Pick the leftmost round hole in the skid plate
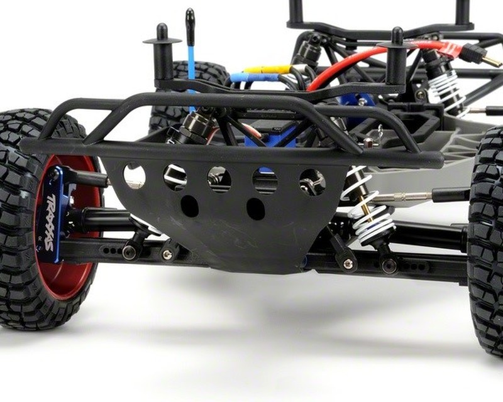(134, 176)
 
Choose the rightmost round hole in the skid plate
(312, 182)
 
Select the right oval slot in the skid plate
(255, 209)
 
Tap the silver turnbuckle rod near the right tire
(409, 196)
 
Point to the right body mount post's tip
(397, 35)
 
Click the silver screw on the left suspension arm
(167, 254)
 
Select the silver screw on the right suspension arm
(348, 264)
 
